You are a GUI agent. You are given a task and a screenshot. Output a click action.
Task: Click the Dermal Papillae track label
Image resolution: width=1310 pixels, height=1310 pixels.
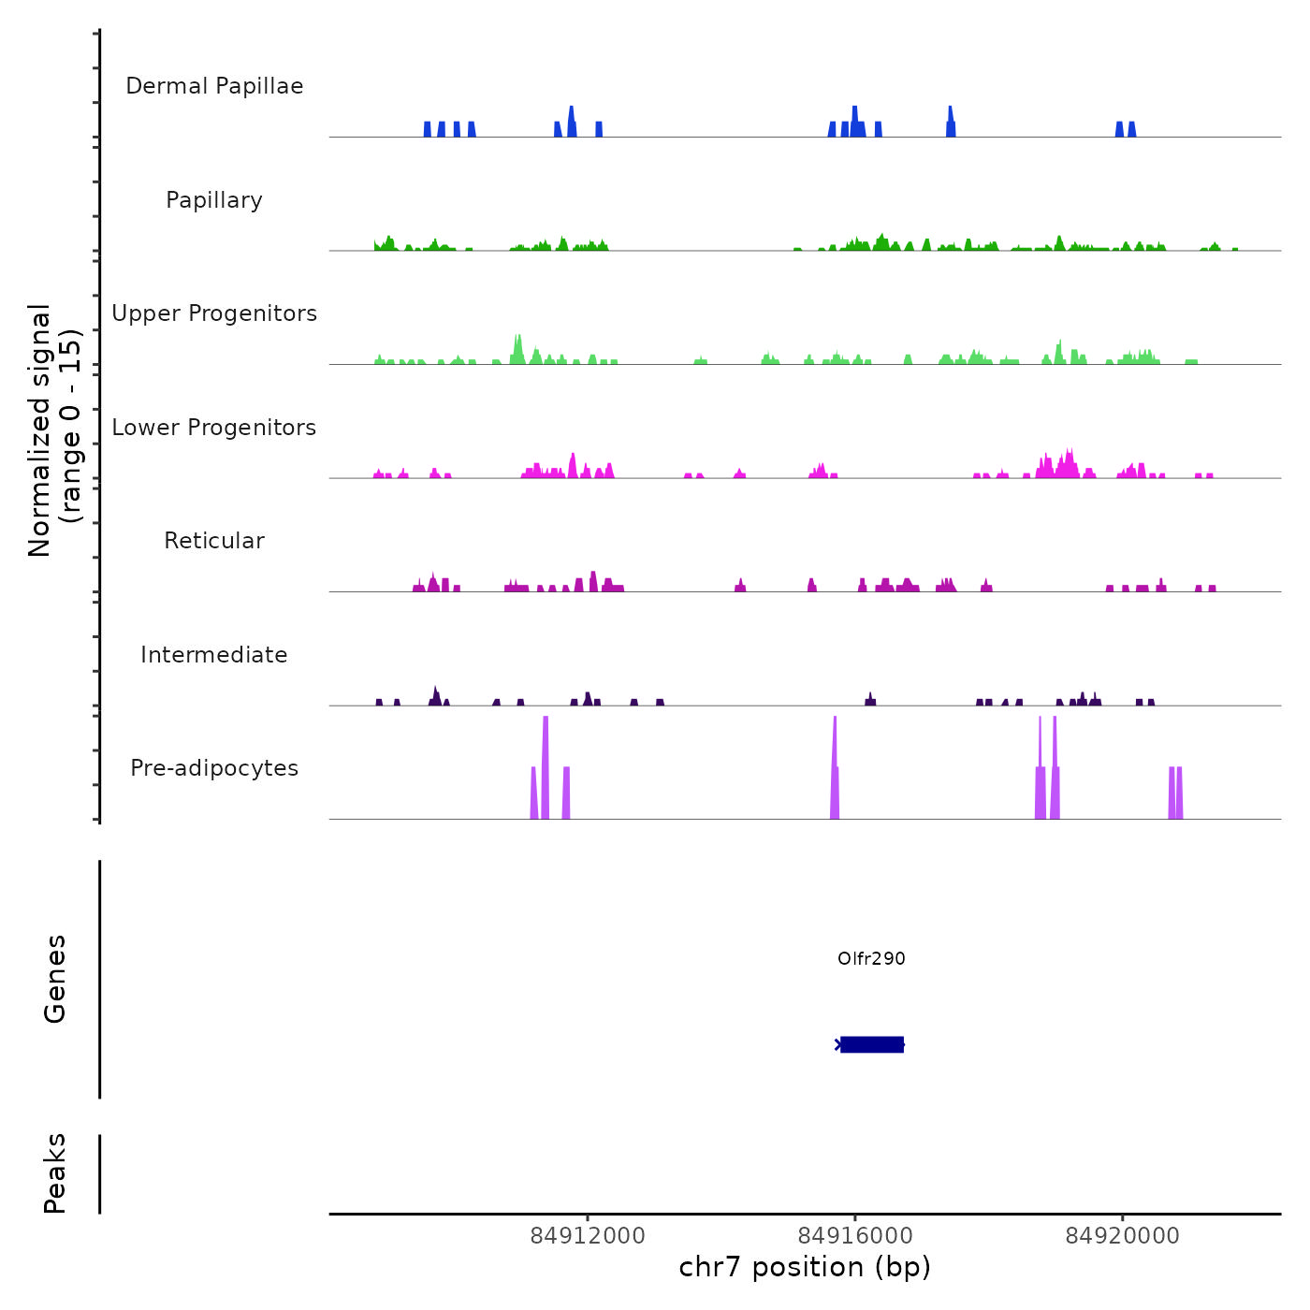click(x=214, y=86)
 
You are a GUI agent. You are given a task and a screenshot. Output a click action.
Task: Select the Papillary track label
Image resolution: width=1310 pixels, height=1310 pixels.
click(x=214, y=200)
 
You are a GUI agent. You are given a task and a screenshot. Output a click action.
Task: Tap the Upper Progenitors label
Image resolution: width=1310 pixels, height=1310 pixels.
click(x=214, y=313)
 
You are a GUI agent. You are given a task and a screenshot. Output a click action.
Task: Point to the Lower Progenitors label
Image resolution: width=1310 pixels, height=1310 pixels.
click(x=214, y=428)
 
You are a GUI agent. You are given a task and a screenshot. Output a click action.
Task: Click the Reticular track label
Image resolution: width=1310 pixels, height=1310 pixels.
click(x=214, y=541)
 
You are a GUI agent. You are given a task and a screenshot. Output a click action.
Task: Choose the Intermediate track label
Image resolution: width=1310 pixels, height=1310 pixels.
click(x=214, y=655)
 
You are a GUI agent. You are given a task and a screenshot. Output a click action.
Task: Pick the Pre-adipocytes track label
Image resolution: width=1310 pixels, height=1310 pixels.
click(x=214, y=768)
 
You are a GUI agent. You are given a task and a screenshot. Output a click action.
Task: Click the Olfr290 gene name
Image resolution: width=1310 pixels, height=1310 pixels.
click(x=871, y=958)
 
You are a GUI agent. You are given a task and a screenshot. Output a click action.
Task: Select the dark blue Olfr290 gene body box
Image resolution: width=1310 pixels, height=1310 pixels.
click(x=872, y=1044)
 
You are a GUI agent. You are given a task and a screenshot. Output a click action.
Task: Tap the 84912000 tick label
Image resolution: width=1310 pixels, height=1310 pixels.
click(x=588, y=1236)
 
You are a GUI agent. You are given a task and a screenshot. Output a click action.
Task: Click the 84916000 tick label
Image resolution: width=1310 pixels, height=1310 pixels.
click(x=855, y=1236)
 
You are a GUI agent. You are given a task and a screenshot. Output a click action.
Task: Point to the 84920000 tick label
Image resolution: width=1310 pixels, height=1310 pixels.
click(x=1123, y=1236)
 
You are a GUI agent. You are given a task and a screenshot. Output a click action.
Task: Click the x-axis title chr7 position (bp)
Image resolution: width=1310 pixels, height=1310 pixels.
click(x=805, y=1267)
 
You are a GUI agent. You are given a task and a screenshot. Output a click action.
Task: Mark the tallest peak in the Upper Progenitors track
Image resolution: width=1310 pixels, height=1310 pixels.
click(x=517, y=348)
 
